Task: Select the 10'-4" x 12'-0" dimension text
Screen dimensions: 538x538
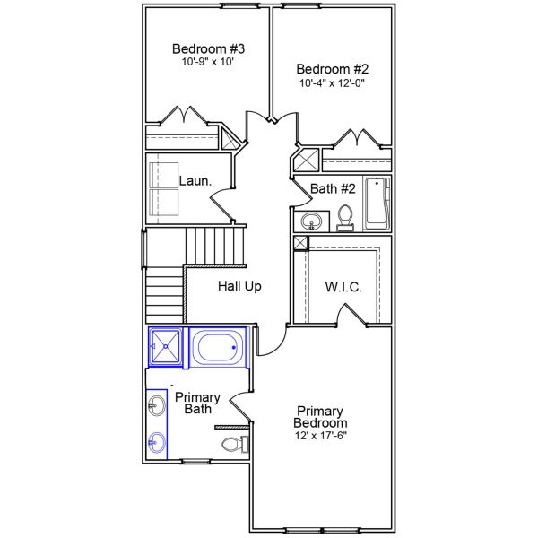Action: coord(333,82)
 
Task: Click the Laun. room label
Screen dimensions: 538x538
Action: coord(195,181)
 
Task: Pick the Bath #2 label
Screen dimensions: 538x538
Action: coord(334,189)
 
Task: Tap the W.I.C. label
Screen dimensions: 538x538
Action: coord(343,287)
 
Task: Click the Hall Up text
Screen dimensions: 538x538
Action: coord(239,286)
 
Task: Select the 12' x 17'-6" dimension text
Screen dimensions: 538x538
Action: coord(321,435)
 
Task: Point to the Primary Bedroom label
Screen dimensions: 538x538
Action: coord(321,416)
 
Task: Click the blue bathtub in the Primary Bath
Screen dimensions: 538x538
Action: coord(218,348)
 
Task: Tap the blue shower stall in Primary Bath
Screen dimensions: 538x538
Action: coord(165,347)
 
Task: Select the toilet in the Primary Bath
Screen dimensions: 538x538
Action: coord(232,444)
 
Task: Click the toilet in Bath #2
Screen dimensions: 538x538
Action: coord(346,218)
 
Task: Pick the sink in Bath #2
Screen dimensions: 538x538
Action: coord(313,221)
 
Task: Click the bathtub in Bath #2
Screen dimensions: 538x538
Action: coord(377,204)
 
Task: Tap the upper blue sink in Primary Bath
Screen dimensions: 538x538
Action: coord(157,405)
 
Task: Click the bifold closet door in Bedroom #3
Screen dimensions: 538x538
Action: coord(186,117)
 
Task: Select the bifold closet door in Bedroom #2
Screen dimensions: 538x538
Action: coord(359,139)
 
